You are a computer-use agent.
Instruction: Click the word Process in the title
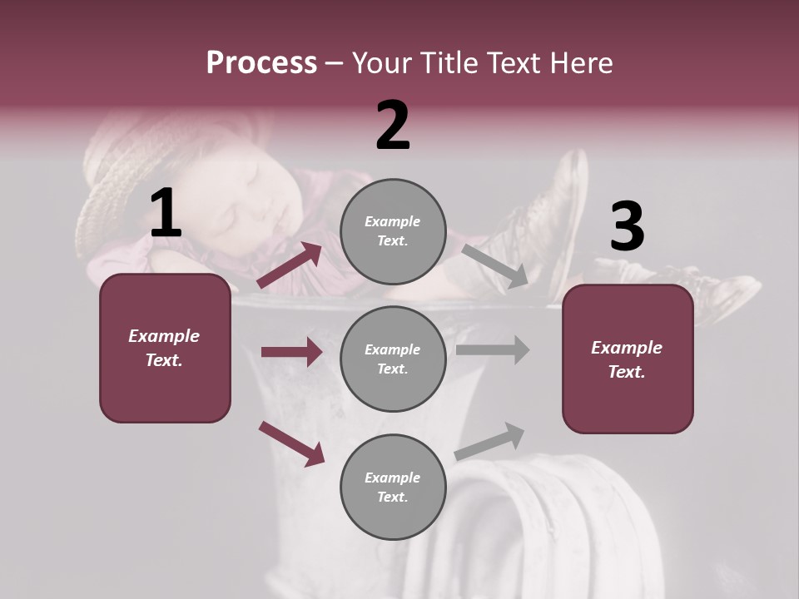tap(261, 63)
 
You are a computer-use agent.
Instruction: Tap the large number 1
tap(166, 214)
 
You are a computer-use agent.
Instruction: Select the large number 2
tap(393, 125)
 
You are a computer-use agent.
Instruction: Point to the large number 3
tap(627, 227)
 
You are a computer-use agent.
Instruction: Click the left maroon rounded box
tap(165, 348)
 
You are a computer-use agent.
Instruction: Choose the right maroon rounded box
tap(628, 359)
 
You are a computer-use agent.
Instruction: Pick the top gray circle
tap(393, 231)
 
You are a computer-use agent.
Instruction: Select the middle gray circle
tap(393, 359)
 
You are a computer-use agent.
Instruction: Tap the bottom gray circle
tap(393, 487)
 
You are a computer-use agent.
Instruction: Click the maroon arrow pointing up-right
tap(290, 265)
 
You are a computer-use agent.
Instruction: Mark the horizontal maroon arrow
tap(291, 352)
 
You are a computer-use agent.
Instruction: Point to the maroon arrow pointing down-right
tap(291, 443)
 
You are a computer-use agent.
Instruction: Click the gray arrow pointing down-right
tap(495, 265)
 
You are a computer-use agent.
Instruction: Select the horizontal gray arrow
tap(493, 350)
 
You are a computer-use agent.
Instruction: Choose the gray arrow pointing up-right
tap(490, 441)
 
